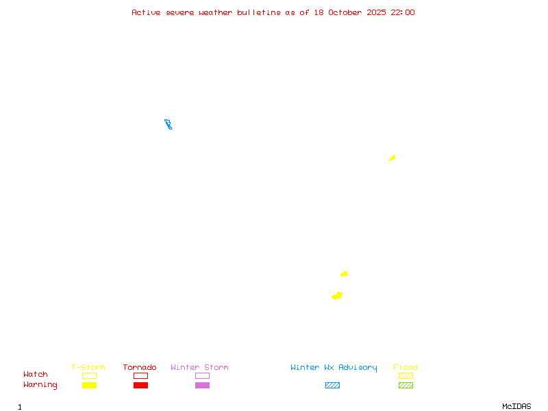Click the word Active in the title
(146, 12)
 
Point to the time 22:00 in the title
(403, 12)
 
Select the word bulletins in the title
(259, 12)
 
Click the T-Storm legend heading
(88, 368)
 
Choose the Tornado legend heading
(140, 368)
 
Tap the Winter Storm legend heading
(199, 368)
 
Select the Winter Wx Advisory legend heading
(334, 368)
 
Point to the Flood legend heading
(406, 368)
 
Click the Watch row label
(36, 375)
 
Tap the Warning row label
(40, 385)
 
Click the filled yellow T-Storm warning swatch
(89, 386)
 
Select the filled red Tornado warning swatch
(140, 386)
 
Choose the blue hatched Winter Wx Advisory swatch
(332, 386)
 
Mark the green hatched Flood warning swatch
(406, 386)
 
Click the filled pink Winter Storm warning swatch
(202, 386)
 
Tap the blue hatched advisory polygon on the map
(168, 124)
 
